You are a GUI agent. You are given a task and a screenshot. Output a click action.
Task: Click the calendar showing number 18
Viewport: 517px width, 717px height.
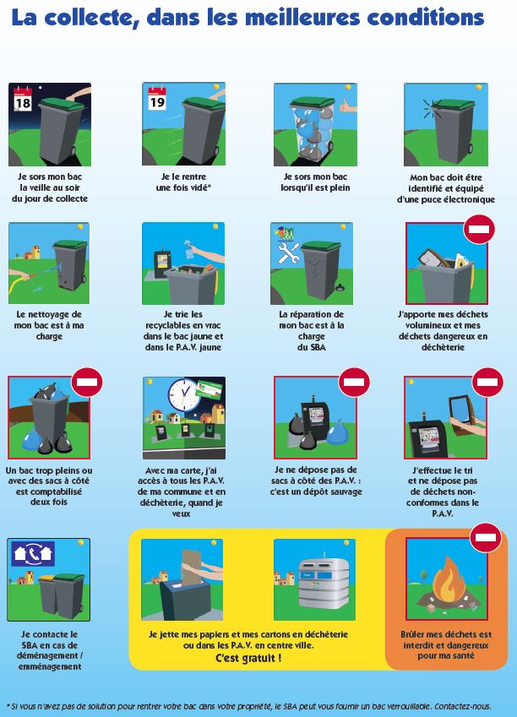[x=23, y=99]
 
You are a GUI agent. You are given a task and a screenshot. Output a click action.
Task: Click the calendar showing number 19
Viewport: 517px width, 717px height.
[x=157, y=99]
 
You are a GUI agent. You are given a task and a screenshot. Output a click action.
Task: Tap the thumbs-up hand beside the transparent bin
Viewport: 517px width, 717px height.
[x=347, y=106]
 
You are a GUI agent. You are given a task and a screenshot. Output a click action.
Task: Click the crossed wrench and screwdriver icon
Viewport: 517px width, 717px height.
[x=289, y=253]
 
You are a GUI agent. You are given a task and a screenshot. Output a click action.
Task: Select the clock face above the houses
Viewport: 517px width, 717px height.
[x=184, y=395]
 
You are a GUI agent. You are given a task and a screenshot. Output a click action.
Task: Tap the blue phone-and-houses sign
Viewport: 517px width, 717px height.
[x=33, y=554]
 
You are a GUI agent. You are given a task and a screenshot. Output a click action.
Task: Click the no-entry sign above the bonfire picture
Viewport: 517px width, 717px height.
[x=486, y=538]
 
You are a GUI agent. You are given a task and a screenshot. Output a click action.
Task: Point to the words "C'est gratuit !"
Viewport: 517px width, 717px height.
[x=248, y=658]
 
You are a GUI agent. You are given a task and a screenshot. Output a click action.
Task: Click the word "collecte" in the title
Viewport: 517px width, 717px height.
[x=91, y=18]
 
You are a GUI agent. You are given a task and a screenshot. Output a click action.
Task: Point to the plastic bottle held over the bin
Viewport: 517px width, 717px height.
[x=189, y=249]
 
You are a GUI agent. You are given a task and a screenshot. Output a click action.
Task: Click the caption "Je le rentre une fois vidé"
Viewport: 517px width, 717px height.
[x=183, y=182]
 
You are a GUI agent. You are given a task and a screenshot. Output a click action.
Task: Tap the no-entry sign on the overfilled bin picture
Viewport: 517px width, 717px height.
[x=87, y=383]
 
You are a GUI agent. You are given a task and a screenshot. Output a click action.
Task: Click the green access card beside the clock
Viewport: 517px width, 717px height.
[x=210, y=389]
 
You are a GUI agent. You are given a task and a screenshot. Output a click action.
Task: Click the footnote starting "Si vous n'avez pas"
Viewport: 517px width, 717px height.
[x=249, y=707]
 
